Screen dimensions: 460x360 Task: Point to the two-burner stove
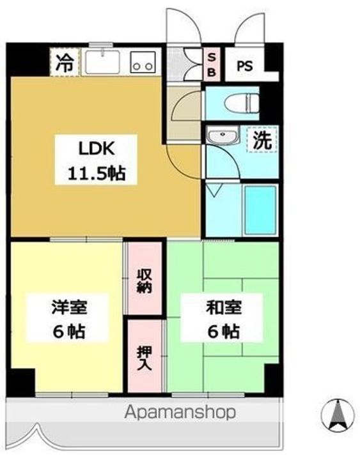coord(143,63)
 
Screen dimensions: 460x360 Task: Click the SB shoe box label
coord(212,63)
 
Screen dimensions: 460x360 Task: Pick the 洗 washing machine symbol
coord(262,140)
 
